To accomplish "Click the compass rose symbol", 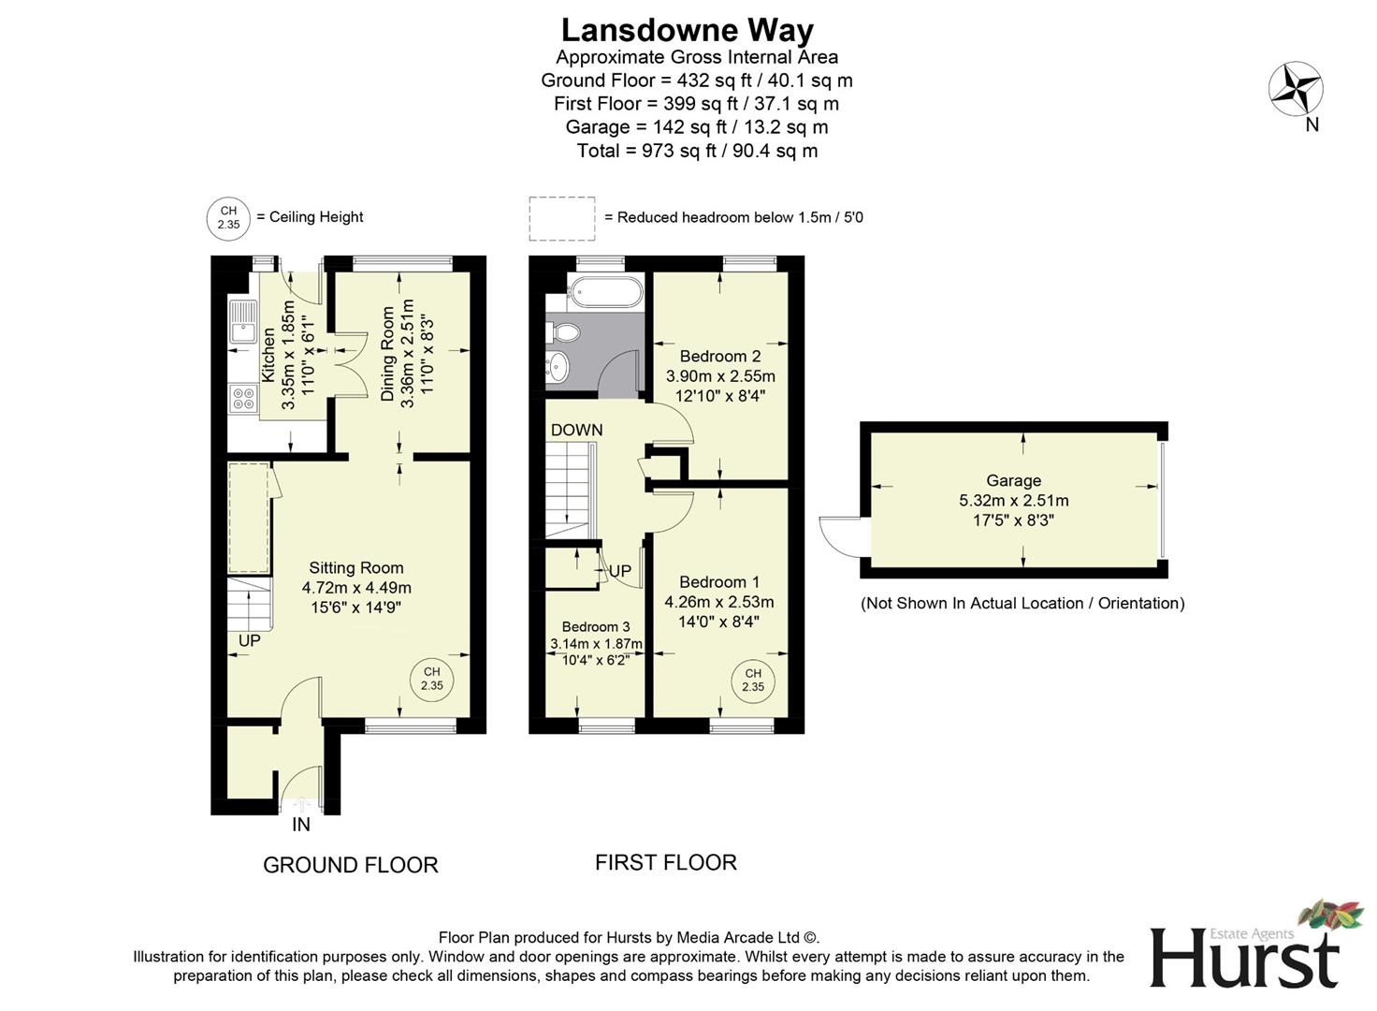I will (x=1296, y=89).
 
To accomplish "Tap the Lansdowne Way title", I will (x=688, y=30).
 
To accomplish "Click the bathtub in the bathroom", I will (x=605, y=291).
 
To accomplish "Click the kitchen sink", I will (x=243, y=322).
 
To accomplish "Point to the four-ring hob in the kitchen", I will (x=243, y=399).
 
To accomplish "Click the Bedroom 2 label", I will (x=719, y=356).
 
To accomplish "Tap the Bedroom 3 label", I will (x=596, y=626).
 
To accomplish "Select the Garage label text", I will (x=1013, y=480).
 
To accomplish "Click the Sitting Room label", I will (x=356, y=567).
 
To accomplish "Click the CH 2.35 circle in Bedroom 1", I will (x=753, y=680).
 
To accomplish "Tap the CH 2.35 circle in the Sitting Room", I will (x=431, y=679).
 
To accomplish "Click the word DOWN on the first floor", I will (x=576, y=430).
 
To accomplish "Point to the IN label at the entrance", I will (x=301, y=825).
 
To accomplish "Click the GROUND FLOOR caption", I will (x=350, y=865).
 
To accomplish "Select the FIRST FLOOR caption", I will (x=666, y=862).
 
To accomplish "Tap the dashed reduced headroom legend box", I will (x=561, y=218).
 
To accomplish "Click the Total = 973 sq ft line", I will (x=697, y=151).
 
